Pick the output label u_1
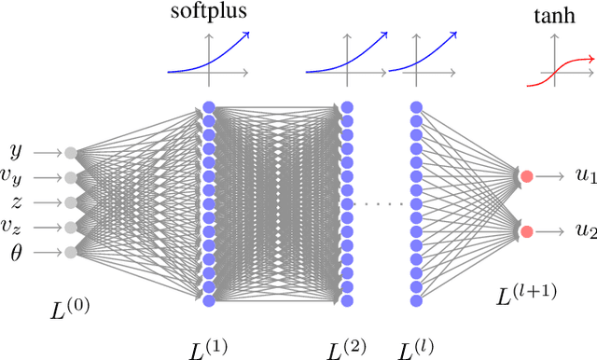(585, 177)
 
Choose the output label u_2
(585, 231)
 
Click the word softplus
(208, 13)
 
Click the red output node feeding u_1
(526, 176)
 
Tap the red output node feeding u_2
(526, 231)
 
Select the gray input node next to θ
(70, 252)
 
